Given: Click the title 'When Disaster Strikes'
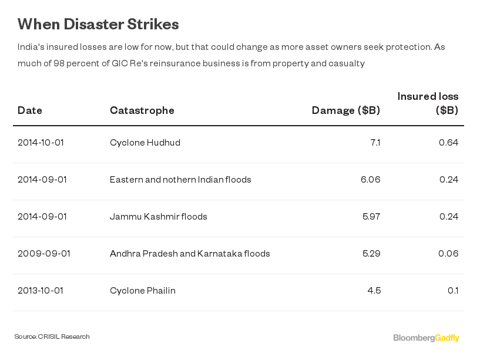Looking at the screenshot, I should (x=98, y=24).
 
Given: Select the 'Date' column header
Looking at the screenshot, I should (x=30, y=110).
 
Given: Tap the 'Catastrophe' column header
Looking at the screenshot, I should (x=142, y=110).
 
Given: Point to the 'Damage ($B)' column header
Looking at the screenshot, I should (x=345, y=110).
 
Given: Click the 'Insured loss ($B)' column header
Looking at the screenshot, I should (x=428, y=103).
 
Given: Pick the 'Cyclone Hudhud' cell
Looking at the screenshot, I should (x=145, y=143).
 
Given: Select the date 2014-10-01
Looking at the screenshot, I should (x=41, y=143).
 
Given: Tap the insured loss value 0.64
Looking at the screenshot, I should (x=448, y=143).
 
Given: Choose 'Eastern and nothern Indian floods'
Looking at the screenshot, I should (x=180, y=180).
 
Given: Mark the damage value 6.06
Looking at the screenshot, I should (x=370, y=180).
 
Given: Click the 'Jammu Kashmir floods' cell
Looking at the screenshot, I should (x=159, y=217).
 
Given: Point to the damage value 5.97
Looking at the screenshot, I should (x=371, y=217).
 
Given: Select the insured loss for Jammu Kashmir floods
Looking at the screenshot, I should (x=448, y=217).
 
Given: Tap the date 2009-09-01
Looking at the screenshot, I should (x=44, y=254).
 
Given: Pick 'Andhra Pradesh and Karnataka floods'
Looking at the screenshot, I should (x=190, y=254).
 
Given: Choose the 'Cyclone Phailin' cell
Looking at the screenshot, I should (x=143, y=291).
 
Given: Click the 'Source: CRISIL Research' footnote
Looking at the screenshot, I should (x=52, y=337).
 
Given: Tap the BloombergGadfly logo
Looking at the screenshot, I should (x=426, y=338).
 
